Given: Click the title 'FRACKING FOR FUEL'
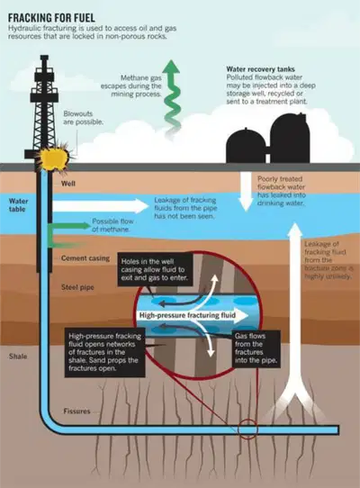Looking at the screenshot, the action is tap(51, 17).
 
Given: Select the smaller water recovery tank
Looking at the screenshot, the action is tap(246, 146).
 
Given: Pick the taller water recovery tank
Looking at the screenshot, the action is tap(290, 138).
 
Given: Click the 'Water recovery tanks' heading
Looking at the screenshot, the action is tap(260, 69).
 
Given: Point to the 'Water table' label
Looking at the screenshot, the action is tap(18, 205).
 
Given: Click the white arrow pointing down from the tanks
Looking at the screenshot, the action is tap(246, 192).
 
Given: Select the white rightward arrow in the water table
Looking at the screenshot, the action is tap(100, 206).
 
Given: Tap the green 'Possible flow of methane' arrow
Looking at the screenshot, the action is tap(69, 226).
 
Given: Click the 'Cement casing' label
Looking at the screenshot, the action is tap(85, 258).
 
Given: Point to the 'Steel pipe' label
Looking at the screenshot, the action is tap(77, 287).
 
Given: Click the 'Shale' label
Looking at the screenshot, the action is tap(18, 357).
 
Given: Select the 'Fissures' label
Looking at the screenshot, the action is tap(76, 411).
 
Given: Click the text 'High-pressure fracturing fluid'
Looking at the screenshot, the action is tap(187, 315).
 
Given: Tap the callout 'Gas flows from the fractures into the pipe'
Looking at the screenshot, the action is tap(256, 348).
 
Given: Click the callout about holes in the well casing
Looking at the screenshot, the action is tap(155, 269).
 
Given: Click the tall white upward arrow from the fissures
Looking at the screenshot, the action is tap(295, 312).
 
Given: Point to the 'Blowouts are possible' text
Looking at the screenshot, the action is tap(83, 118).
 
